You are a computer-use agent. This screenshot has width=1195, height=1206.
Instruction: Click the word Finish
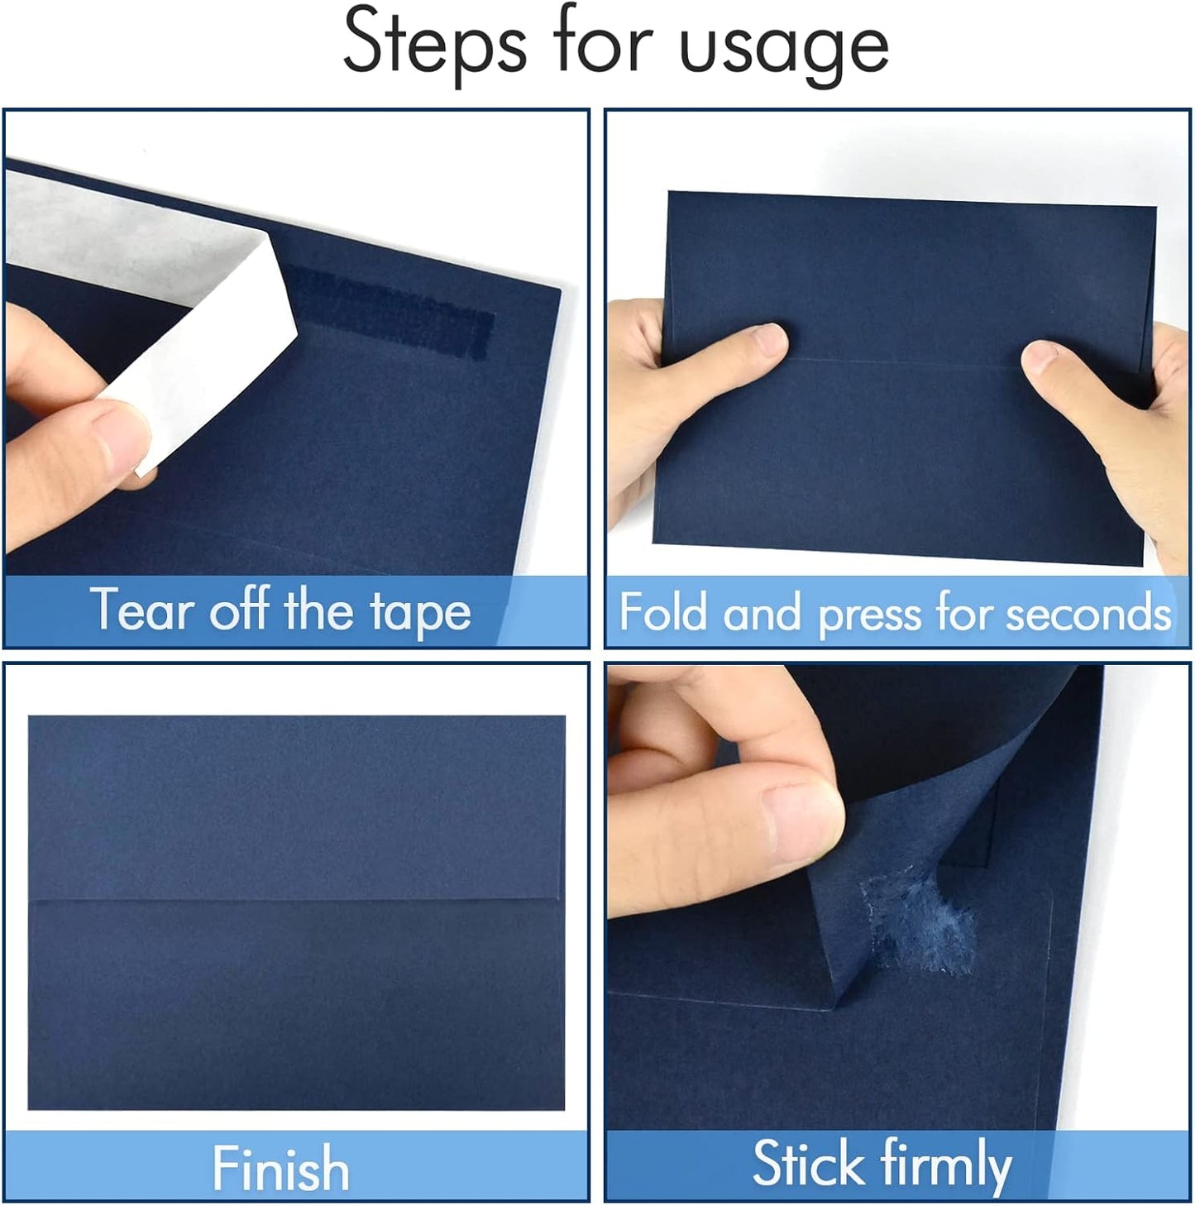pyautogui.click(x=280, y=1168)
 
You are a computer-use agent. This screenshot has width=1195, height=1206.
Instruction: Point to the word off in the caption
pyautogui.click(x=239, y=610)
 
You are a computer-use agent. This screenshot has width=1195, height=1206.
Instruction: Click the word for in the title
pyautogui.click(x=603, y=41)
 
